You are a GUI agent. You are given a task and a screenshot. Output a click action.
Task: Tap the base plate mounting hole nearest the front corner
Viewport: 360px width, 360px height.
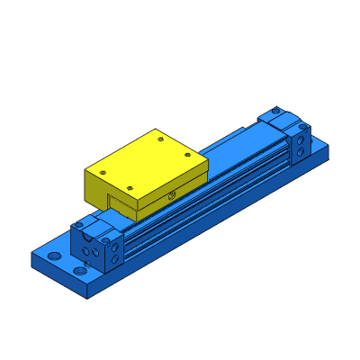81,270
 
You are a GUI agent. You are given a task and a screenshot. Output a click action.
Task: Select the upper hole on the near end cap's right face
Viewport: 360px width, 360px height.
116,244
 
